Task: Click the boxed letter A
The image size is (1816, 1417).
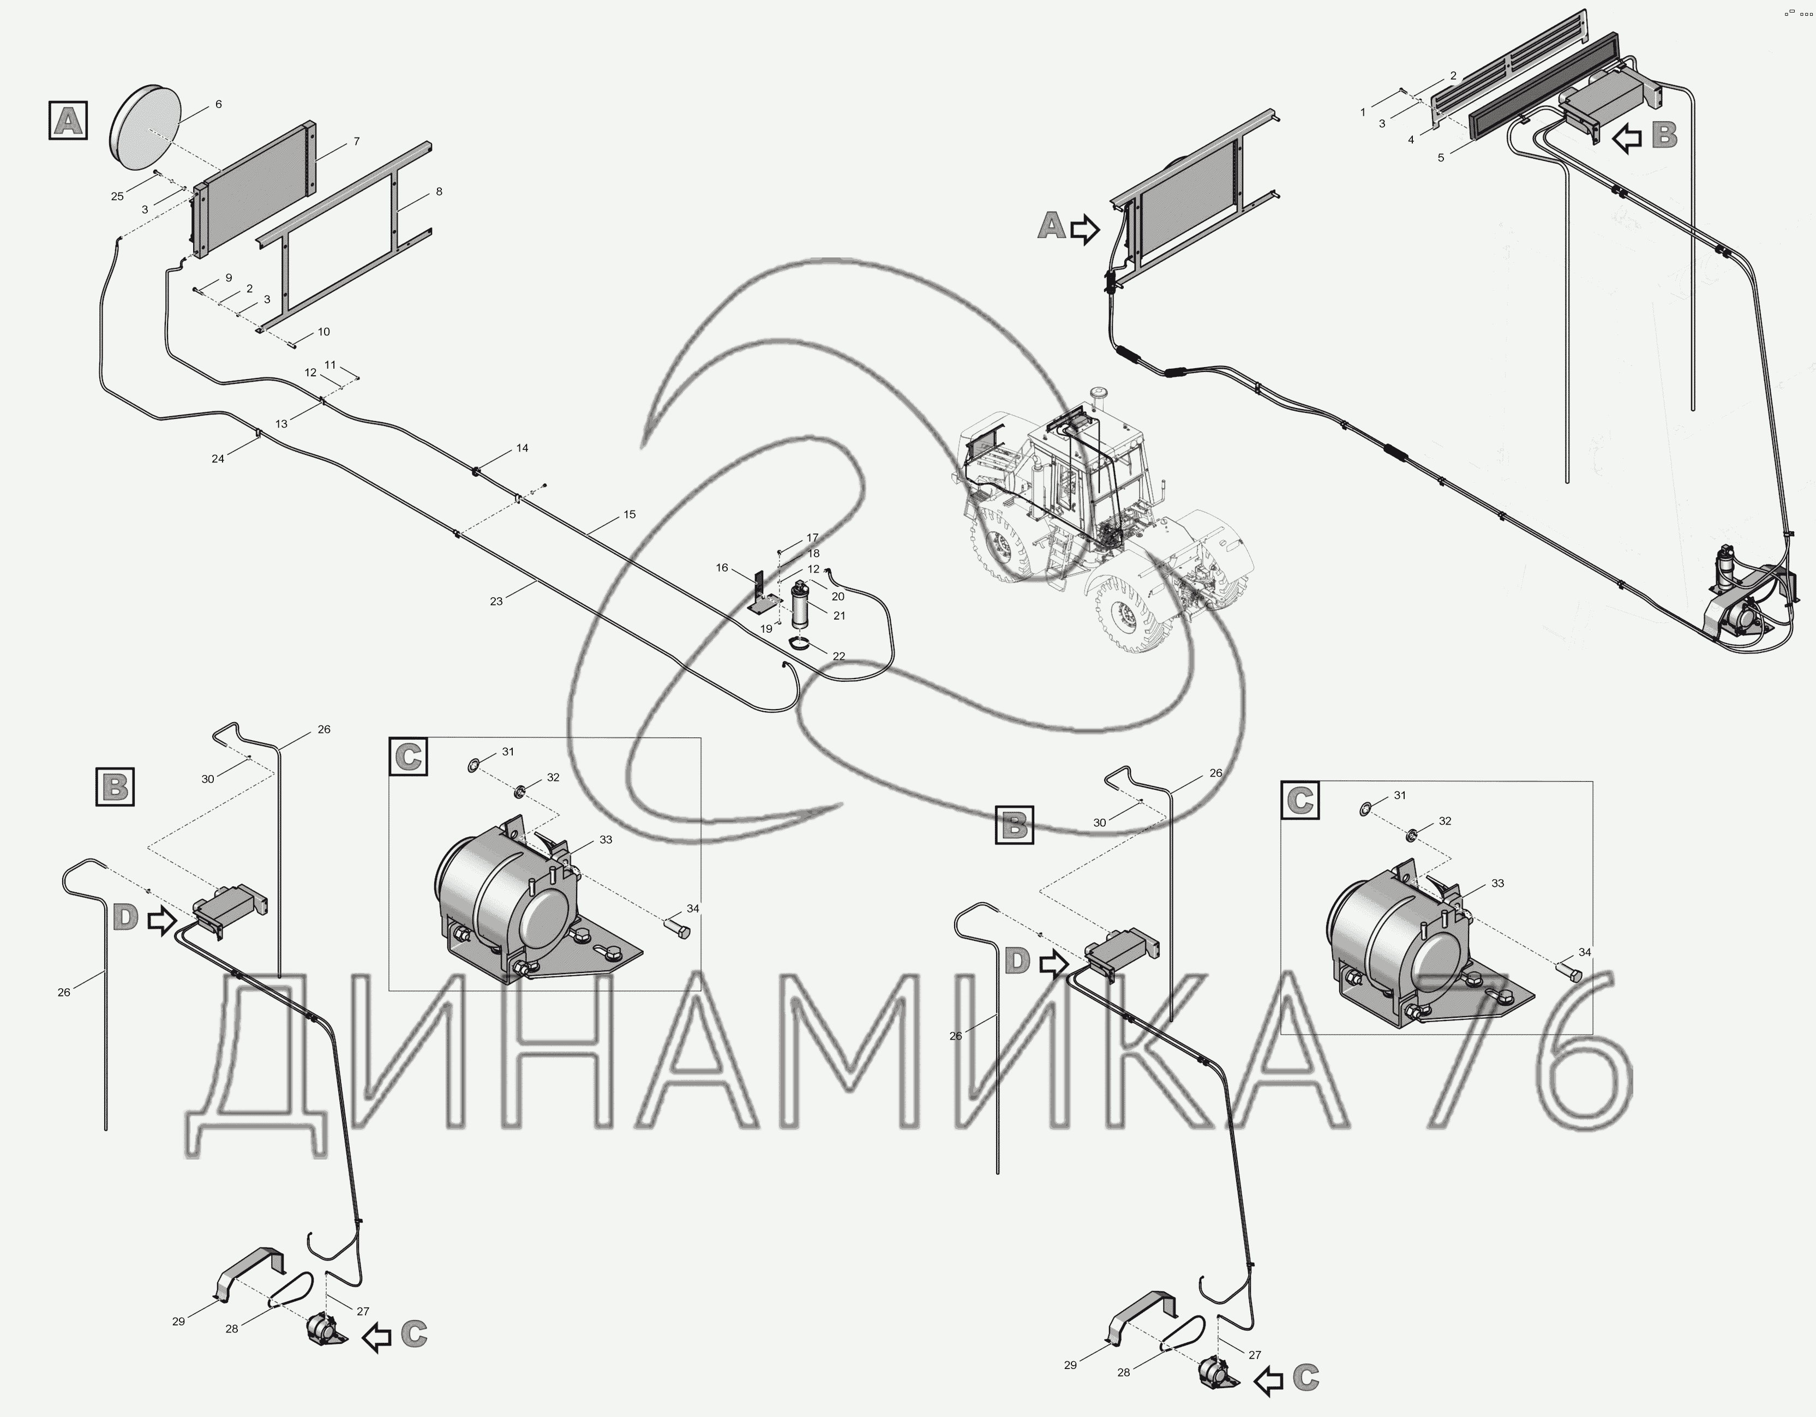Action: (x=68, y=120)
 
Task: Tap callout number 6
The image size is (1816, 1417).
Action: (x=219, y=105)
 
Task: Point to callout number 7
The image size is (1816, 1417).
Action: (x=357, y=141)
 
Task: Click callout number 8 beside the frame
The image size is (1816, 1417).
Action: (x=439, y=191)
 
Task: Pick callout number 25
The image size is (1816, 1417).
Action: (x=117, y=196)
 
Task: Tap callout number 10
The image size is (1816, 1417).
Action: (x=323, y=332)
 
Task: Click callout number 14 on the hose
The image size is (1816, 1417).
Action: (x=522, y=448)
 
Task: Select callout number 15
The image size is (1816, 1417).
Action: (x=630, y=515)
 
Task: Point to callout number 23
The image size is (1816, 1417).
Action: (x=496, y=601)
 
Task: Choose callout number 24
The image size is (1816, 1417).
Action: (x=218, y=458)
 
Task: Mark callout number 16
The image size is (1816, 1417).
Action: (x=722, y=568)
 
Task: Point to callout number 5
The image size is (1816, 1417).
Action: (x=1441, y=157)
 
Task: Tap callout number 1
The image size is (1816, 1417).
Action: (x=1363, y=111)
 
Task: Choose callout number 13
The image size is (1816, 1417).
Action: (x=282, y=424)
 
